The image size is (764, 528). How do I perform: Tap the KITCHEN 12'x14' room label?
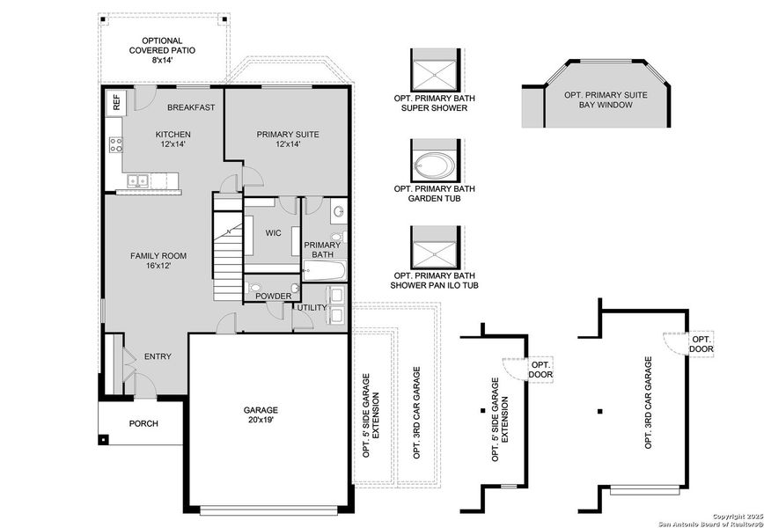(x=173, y=139)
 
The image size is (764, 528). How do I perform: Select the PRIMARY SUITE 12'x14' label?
(x=288, y=139)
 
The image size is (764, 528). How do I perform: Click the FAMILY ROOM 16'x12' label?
(x=158, y=260)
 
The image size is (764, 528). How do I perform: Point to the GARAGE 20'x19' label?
(x=261, y=414)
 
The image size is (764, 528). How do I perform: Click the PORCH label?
(x=143, y=424)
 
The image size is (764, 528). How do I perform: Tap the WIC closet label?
(x=273, y=233)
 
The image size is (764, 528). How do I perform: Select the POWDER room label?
(x=273, y=297)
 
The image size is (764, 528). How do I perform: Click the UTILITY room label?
(x=312, y=308)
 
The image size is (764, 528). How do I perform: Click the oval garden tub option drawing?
(x=433, y=164)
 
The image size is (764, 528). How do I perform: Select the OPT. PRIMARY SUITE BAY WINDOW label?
(x=606, y=99)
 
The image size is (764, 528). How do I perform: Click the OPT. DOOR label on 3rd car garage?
(x=702, y=344)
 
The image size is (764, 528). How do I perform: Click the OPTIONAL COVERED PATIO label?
(x=162, y=51)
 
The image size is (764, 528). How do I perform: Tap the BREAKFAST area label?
(x=191, y=107)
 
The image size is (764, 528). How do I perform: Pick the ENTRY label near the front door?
(x=158, y=356)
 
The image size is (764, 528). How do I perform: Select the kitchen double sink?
(x=138, y=181)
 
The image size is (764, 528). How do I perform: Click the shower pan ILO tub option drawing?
(x=433, y=251)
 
